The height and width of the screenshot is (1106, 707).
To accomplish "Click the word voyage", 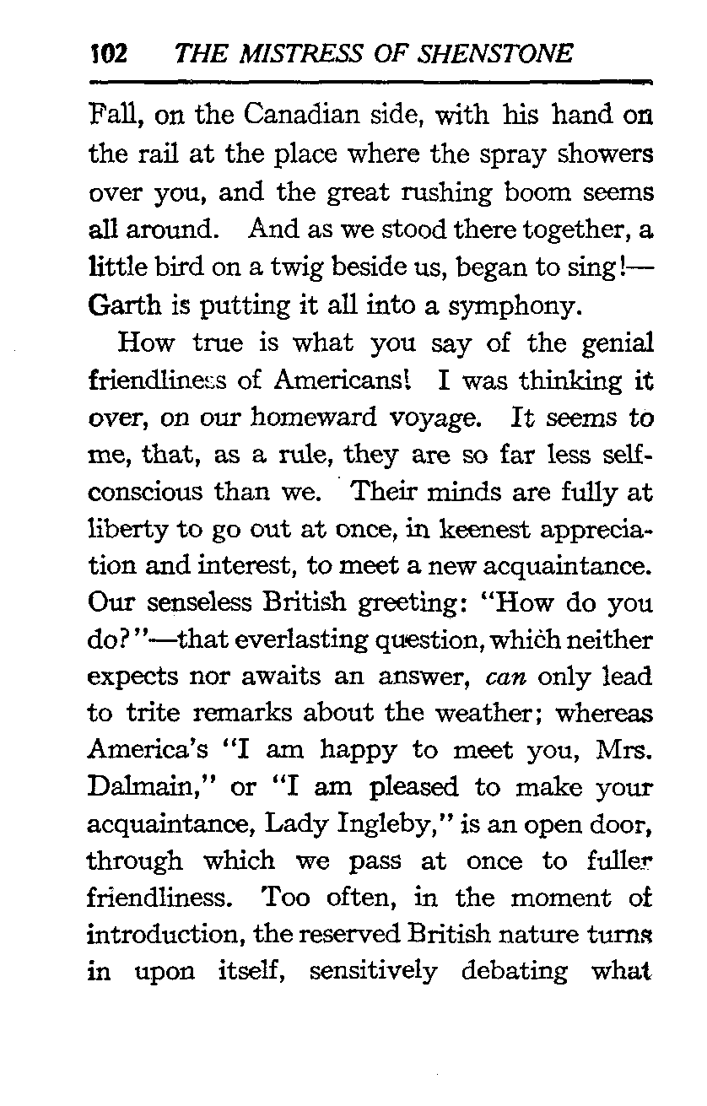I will pyautogui.click(x=439, y=417).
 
